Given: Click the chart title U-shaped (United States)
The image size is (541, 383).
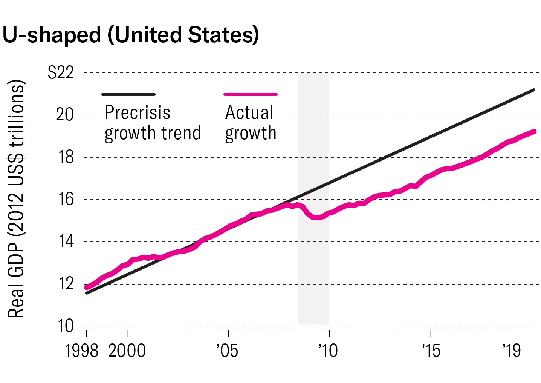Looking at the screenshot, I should pyautogui.click(x=131, y=35).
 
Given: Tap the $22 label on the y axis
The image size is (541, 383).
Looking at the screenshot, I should pyautogui.click(x=61, y=72).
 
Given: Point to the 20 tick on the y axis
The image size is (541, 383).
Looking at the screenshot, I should pyautogui.click(x=65, y=114).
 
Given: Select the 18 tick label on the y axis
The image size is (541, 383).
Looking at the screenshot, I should pyautogui.click(x=66, y=157).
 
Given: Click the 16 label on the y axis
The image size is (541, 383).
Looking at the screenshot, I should pyautogui.click(x=66, y=199).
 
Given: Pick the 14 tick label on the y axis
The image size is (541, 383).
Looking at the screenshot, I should pyautogui.click(x=66, y=241).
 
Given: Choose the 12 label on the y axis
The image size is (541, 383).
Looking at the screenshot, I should pyautogui.click(x=66, y=284).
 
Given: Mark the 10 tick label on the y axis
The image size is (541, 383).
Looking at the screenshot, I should pyautogui.click(x=66, y=326).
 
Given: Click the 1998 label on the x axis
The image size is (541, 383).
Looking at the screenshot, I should pyautogui.click(x=82, y=351).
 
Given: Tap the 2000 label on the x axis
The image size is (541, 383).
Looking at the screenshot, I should pyautogui.click(x=127, y=351).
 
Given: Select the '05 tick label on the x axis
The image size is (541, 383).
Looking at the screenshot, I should pyautogui.click(x=227, y=351).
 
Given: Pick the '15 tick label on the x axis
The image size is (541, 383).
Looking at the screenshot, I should pyautogui.click(x=431, y=351).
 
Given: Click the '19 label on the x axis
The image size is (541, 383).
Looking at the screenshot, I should pyautogui.click(x=512, y=351).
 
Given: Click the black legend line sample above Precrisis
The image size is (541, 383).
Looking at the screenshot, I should pyautogui.click(x=128, y=94).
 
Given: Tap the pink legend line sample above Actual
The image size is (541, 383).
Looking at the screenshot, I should pyautogui.click(x=251, y=94).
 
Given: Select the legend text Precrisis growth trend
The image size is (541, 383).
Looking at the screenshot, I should pyautogui.click(x=153, y=123).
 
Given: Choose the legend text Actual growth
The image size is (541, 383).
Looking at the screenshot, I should pyautogui.click(x=251, y=123).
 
